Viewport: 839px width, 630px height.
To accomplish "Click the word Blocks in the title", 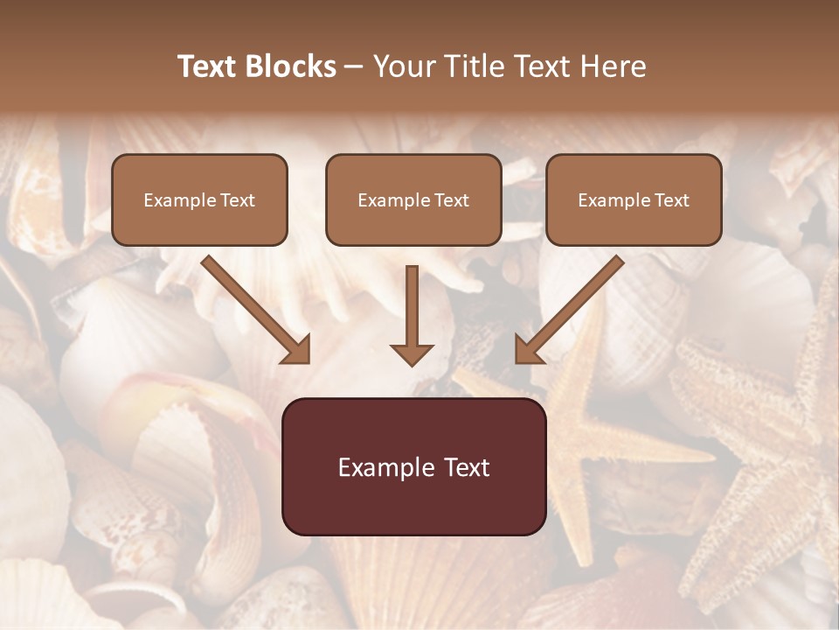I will coord(292,66).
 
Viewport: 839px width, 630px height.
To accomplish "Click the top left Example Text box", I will coord(199,199).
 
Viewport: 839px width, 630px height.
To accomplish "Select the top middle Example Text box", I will coord(413,199).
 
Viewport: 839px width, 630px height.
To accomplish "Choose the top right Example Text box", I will coord(634,199).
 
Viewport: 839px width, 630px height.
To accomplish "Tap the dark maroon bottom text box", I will coord(413,466).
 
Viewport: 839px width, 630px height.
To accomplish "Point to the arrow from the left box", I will coord(253,308).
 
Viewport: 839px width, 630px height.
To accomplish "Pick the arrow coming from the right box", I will coord(572,308).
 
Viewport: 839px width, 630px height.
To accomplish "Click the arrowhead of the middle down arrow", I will coord(412,353).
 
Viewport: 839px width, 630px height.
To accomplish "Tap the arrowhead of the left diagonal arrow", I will coord(297,350).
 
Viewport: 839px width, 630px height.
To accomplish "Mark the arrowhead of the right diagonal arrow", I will coord(528,350).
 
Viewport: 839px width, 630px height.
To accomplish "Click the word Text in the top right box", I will coord(671,200).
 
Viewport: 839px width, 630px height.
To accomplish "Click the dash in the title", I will coord(354,66).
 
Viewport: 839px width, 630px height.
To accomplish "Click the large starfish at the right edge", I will coord(760,437).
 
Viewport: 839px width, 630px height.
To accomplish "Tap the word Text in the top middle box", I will coord(451,200).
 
